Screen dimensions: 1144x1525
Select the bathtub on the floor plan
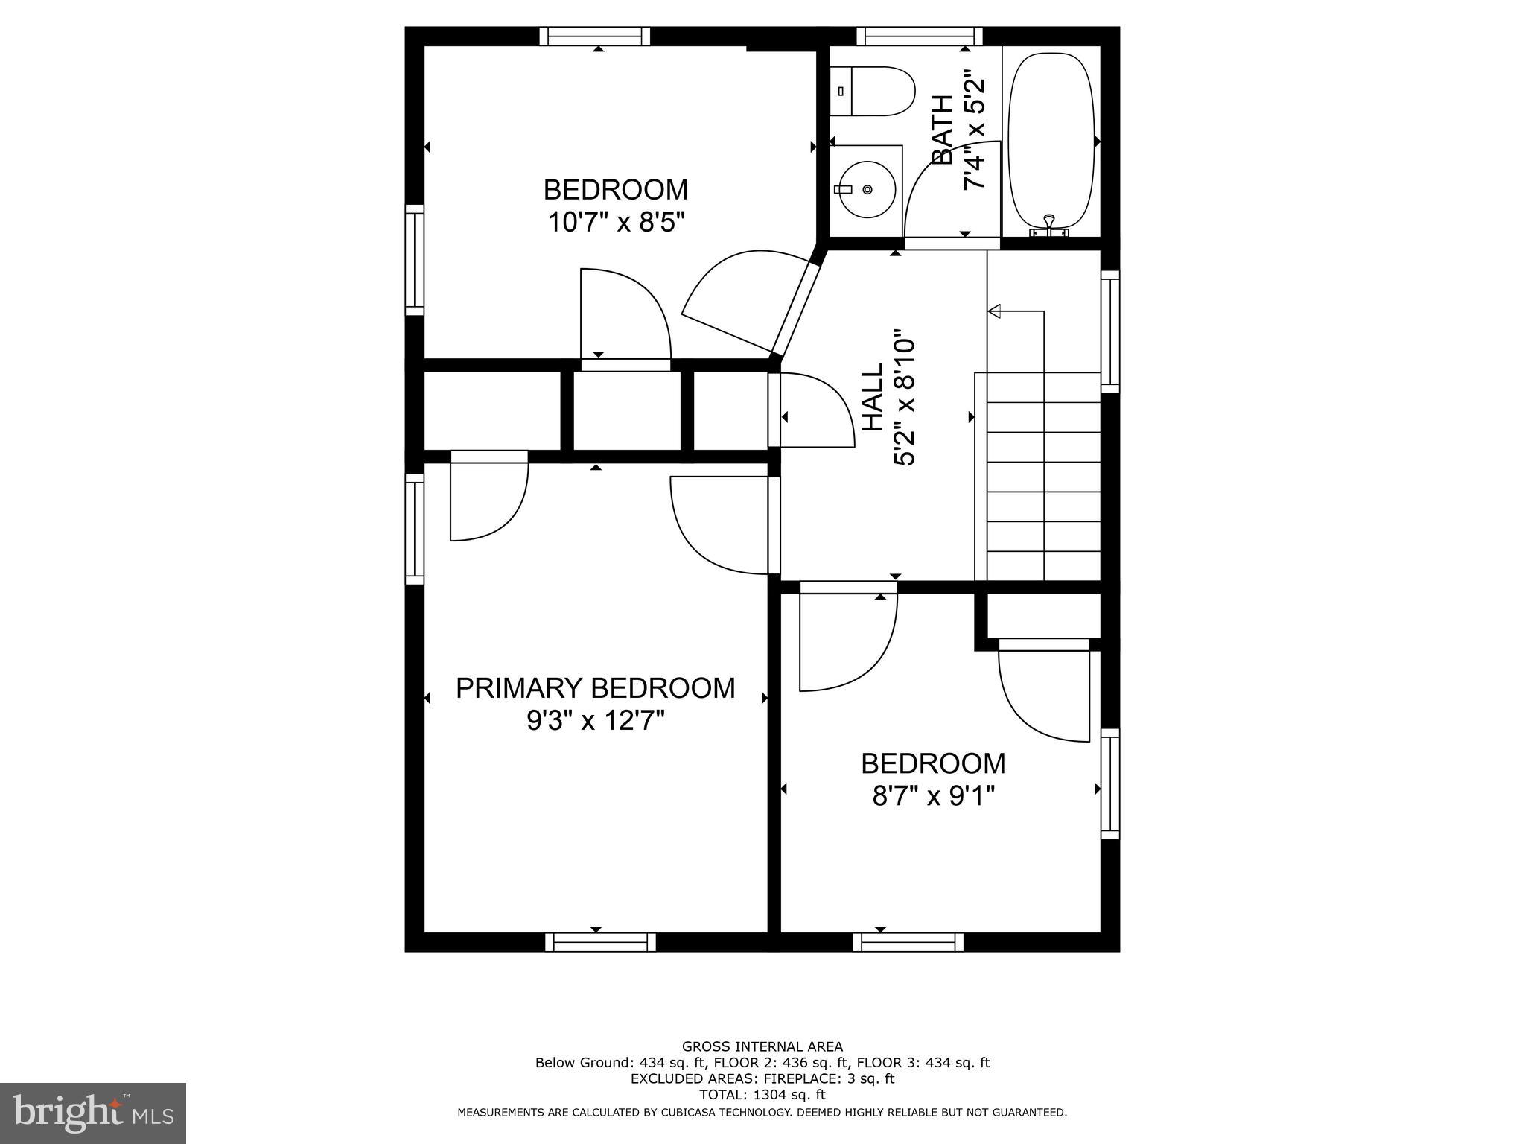pyautogui.click(x=1051, y=140)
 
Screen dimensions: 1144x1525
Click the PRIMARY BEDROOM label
pyautogui.click(x=595, y=688)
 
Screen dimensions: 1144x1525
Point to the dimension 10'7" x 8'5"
pyautogui.click(x=616, y=222)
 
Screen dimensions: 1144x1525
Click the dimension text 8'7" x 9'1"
pyautogui.click(x=933, y=797)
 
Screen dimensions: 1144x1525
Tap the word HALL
pyautogui.click(x=872, y=396)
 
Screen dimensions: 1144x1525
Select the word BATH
pyautogui.click(x=943, y=130)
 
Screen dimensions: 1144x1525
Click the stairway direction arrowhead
pyautogui.click(x=995, y=311)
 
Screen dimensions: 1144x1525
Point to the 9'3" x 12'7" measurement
pyautogui.click(x=595, y=721)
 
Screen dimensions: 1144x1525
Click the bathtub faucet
pyautogui.click(x=1049, y=223)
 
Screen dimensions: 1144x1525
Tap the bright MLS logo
pyautogui.click(x=93, y=1113)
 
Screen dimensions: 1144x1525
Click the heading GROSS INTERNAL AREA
pyautogui.click(x=762, y=1046)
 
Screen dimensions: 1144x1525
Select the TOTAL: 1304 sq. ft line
pyautogui.click(x=762, y=1095)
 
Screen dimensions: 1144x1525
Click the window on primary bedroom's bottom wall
pyautogui.click(x=600, y=943)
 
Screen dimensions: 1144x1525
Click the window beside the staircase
pyautogui.click(x=1110, y=331)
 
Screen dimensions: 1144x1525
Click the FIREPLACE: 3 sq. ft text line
pyautogui.click(x=762, y=1078)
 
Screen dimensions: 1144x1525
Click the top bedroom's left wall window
pyautogui.click(x=415, y=260)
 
